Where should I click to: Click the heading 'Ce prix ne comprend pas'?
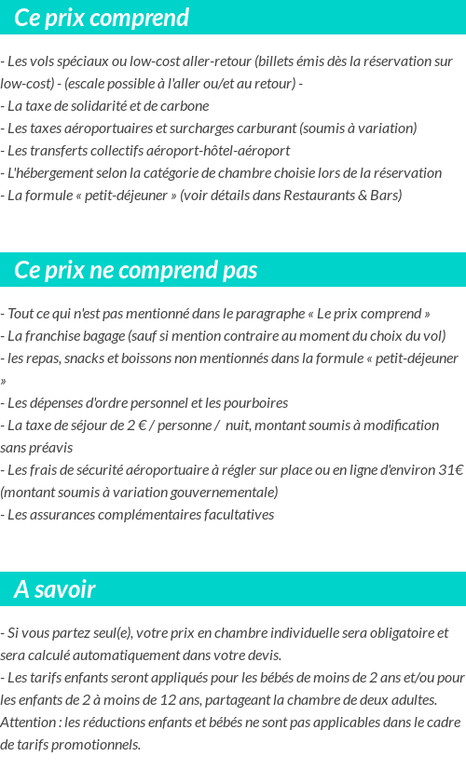tap(136, 270)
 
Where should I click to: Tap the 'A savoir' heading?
tap(55, 589)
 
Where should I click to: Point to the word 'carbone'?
tap(185, 105)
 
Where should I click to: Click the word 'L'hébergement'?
tap(47, 172)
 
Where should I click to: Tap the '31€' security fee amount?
tap(451, 469)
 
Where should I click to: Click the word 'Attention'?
tap(31, 722)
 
